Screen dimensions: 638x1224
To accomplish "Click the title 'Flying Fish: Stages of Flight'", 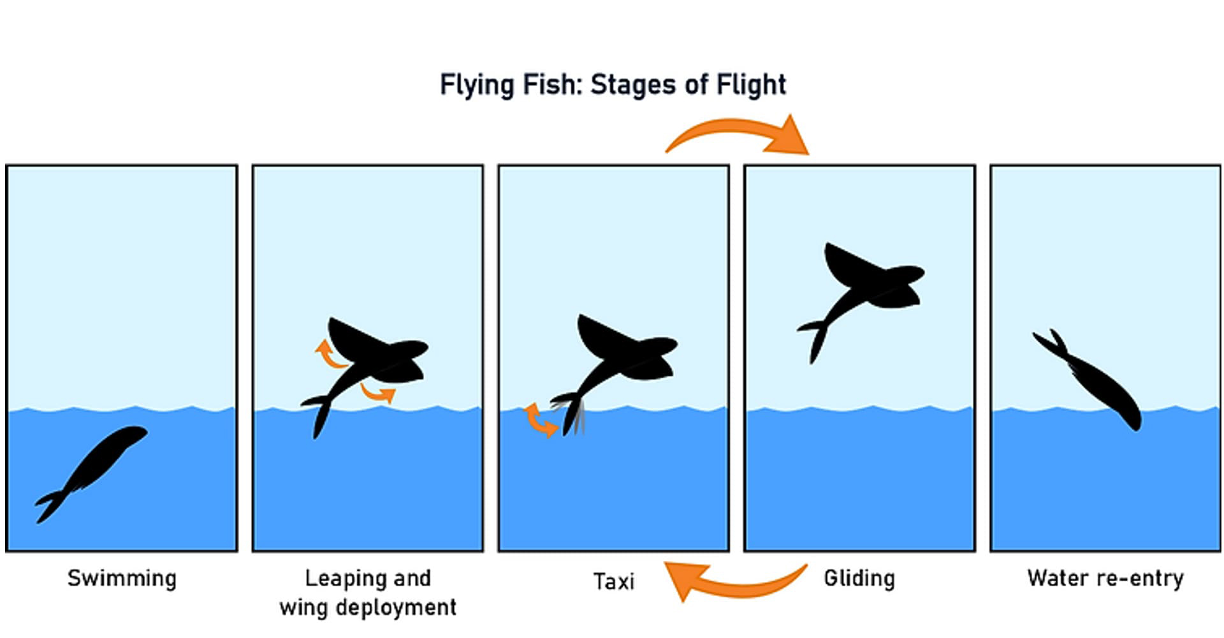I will [613, 85].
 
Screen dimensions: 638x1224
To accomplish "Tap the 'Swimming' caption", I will [122, 579].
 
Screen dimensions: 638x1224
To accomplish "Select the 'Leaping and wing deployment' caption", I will [368, 593].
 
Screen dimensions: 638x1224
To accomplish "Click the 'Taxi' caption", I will [613, 581].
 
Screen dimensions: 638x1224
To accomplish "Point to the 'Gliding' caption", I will [859, 579].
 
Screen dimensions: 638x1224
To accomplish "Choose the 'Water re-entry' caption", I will [1105, 579].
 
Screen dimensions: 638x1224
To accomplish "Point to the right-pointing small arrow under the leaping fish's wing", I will [379, 392].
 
